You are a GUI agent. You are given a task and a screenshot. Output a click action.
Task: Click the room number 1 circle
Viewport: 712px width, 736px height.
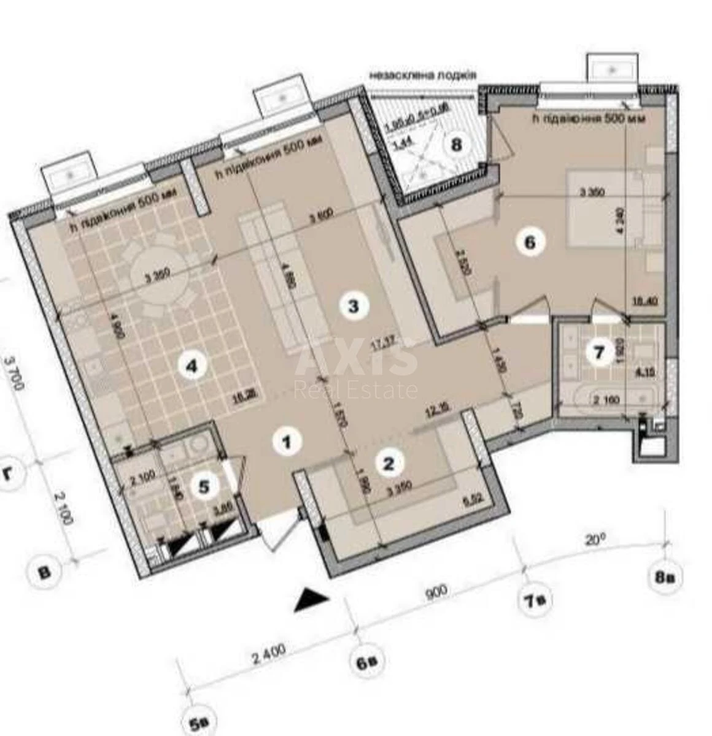(286, 441)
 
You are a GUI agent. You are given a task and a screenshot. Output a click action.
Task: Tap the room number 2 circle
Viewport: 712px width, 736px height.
(388, 463)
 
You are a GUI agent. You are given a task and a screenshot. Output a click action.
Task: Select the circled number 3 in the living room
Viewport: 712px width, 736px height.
(353, 305)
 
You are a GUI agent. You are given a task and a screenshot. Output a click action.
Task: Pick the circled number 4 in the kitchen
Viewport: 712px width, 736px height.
(192, 367)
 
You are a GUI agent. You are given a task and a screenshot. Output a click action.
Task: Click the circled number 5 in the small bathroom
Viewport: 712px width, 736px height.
(204, 486)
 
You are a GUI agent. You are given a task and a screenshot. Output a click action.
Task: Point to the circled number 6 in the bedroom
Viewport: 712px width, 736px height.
(529, 242)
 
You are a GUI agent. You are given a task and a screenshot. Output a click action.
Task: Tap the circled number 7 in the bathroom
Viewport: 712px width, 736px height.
(600, 353)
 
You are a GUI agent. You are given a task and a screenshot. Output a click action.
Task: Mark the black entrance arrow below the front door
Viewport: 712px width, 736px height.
(311, 599)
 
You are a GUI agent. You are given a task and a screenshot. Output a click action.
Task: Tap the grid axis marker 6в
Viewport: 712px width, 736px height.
(367, 662)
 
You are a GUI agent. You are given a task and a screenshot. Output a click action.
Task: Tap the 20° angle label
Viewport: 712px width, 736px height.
(594, 540)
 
